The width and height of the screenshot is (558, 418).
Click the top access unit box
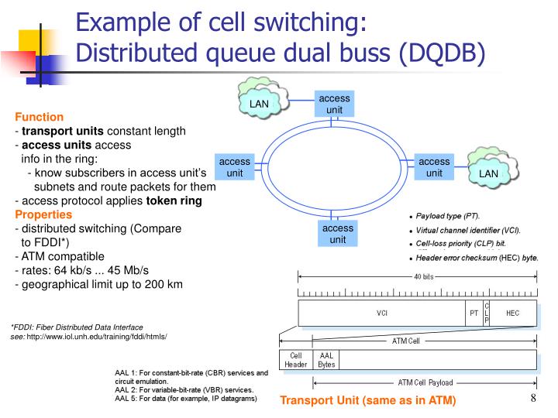(x=335, y=104)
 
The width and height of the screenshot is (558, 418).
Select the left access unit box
(x=235, y=167)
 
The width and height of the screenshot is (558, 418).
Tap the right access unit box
(x=435, y=167)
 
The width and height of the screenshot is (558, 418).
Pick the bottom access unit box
(x=338, y=234)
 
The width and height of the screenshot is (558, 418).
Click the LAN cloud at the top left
(x=260, y=103)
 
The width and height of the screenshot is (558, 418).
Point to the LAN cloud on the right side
(x=489, y=172)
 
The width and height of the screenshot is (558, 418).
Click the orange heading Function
(x=40, y=117)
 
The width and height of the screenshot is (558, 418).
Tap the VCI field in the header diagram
(x=382, y=313)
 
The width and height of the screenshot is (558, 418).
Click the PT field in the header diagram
(x=474, y=313)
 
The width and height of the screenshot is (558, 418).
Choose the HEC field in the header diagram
(x=513, y=313)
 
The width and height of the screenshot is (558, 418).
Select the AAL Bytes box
(x=325, y=360)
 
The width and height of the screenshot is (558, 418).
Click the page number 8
(x=534, y=399)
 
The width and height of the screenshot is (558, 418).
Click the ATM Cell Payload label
(x=426, y=383)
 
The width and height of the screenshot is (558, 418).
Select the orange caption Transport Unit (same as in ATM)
(x=368, y=400)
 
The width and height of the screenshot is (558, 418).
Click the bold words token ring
(x=174, y=200)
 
